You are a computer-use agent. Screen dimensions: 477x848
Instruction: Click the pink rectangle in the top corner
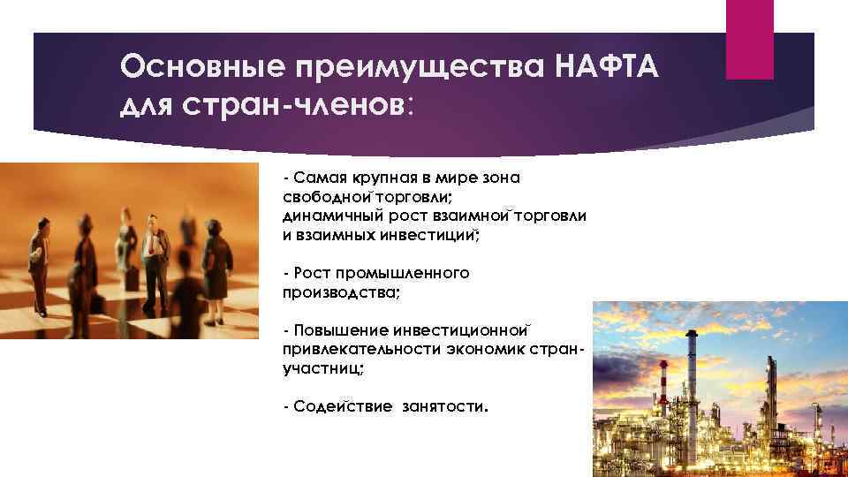coord(749,39)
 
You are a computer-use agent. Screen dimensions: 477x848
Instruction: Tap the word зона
coord(501,178)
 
